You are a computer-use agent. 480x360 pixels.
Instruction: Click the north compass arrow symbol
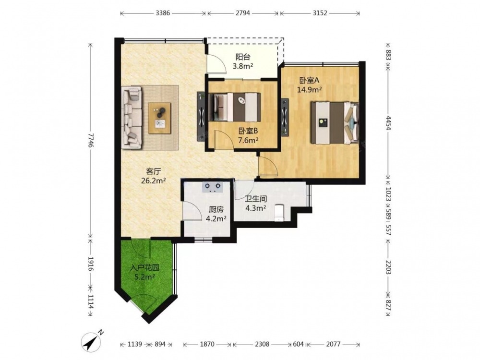(x=92, y=341)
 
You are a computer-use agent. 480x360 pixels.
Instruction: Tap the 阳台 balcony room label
(x=243, y=57)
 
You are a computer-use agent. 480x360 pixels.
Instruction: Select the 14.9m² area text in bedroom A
(x=309, y=90)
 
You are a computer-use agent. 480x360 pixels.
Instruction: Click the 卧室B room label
(x=248, y=131)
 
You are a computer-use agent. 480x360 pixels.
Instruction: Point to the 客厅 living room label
(x=154, y=171)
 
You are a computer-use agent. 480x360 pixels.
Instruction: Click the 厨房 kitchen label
(x=216, y=209)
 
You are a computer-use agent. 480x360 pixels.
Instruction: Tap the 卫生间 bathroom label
(x=256, y=199)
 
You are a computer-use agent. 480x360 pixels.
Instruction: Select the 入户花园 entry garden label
(x=144, y=268)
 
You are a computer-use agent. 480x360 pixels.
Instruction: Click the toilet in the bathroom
(x=279, y=213)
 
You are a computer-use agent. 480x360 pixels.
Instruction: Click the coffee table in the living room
(x=159, y=118)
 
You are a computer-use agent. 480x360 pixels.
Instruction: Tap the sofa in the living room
(x=132, y=118)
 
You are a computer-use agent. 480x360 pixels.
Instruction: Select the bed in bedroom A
(x=335, y=123)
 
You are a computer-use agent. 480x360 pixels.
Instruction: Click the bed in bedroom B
(x=234, y=108)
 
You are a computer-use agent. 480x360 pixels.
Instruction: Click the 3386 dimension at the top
(x=163, y=13)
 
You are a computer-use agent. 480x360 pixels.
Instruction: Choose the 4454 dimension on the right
(x=388, y=123)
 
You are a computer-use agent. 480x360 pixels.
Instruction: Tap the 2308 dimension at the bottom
(x=263, y=344)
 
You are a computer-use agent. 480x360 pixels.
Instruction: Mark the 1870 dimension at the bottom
(x=207, y=344)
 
